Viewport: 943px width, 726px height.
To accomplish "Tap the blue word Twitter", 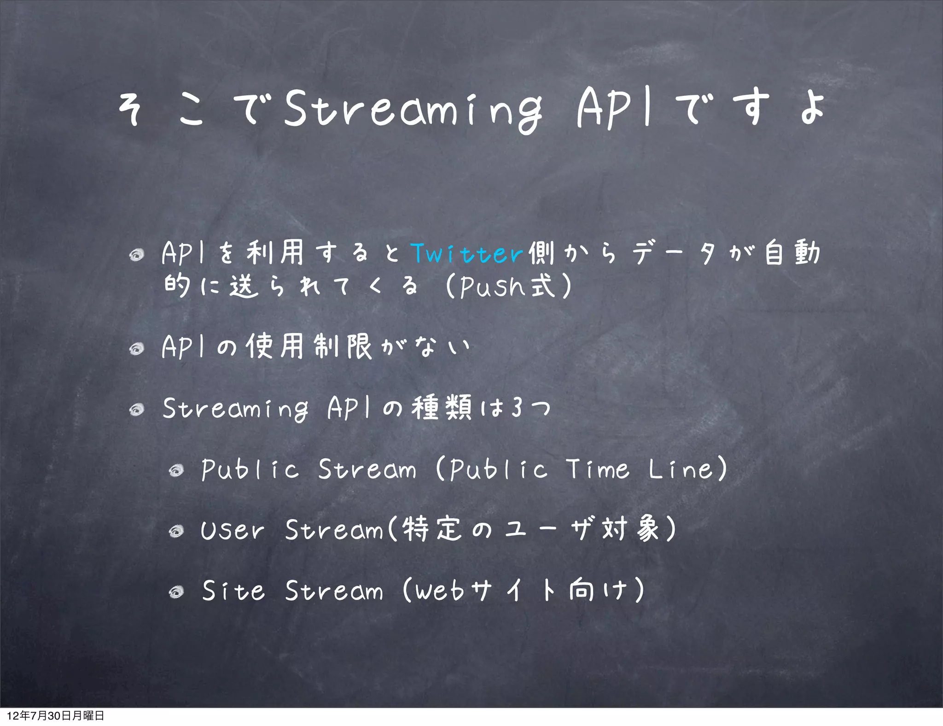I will (x=467, y=253).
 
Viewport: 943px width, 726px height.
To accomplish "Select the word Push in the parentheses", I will (x=492, y=286).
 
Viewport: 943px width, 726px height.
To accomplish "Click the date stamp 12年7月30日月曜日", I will (x=55, y=715).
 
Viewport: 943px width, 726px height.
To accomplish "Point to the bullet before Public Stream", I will (x=176, y=470).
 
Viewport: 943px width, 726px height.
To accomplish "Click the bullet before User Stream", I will (x=176, y=532).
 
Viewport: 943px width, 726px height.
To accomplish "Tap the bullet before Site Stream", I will (x=176, y=591).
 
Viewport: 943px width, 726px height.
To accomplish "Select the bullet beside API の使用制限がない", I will (x=137, y=349).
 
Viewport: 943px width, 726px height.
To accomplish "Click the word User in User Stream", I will (x=233, y=530).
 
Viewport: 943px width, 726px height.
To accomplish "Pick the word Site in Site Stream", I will (x=233, y=591).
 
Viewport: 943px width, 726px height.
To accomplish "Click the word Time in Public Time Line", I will (x=597, y=469).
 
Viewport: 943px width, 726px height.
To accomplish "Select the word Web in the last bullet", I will (x=440, y=591).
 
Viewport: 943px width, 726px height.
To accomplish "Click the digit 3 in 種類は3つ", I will (x=517, y=408).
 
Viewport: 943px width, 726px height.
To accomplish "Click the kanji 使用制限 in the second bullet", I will (x=309, y=346).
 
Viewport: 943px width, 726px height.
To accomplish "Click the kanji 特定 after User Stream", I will (x=431, y=529).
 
